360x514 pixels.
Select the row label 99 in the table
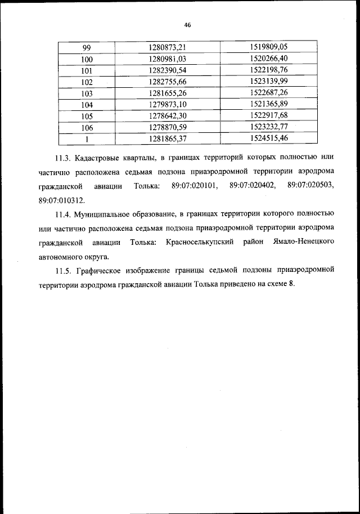click(87, 47)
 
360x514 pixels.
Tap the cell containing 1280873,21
click(167, 47)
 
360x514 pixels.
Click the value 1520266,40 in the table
click(268, 58)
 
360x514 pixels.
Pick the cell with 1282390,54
click(167, 70)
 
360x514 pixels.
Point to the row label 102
click(87, 82)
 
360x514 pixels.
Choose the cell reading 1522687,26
click(268, 93)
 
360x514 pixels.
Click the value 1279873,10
click(167, 105)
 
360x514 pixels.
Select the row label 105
click(87, 116)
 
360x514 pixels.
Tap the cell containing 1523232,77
click(268, 127)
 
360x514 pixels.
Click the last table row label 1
click(87, 138)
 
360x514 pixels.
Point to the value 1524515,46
click(268, 138)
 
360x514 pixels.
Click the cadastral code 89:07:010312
click(62, 200)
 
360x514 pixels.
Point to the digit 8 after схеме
click(292, 285)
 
